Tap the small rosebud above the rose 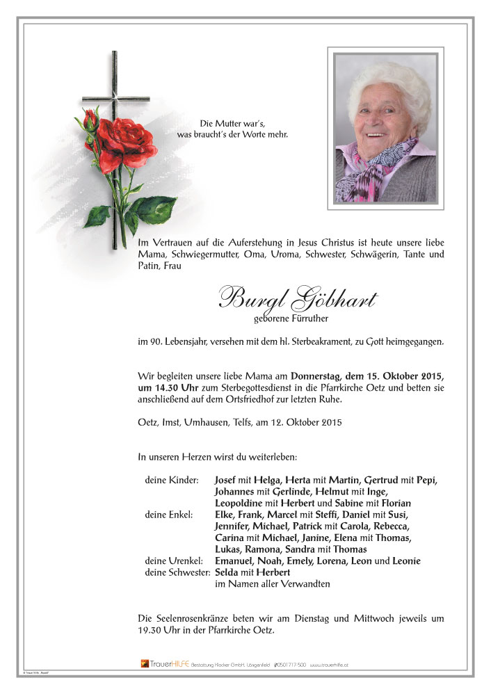(x=90, y=120)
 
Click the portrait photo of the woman (x=385, y=129)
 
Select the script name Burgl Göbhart (x=297, y=300)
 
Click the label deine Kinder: (x=171, y=481)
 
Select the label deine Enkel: (x=169, y=515)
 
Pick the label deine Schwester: (x=177, y=572)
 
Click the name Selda (x=226, y=572)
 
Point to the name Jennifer (x=232, y=526)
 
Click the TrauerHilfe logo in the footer (x=164, y=665)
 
